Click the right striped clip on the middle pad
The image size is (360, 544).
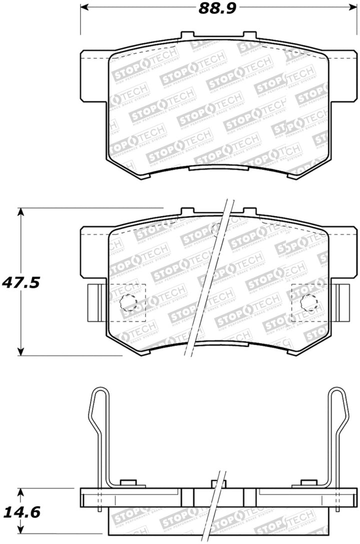point(343,303)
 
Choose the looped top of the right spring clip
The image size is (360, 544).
point(335,400)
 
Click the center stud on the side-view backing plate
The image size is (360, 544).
point(217,484)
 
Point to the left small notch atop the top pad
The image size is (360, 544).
point(186,35)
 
